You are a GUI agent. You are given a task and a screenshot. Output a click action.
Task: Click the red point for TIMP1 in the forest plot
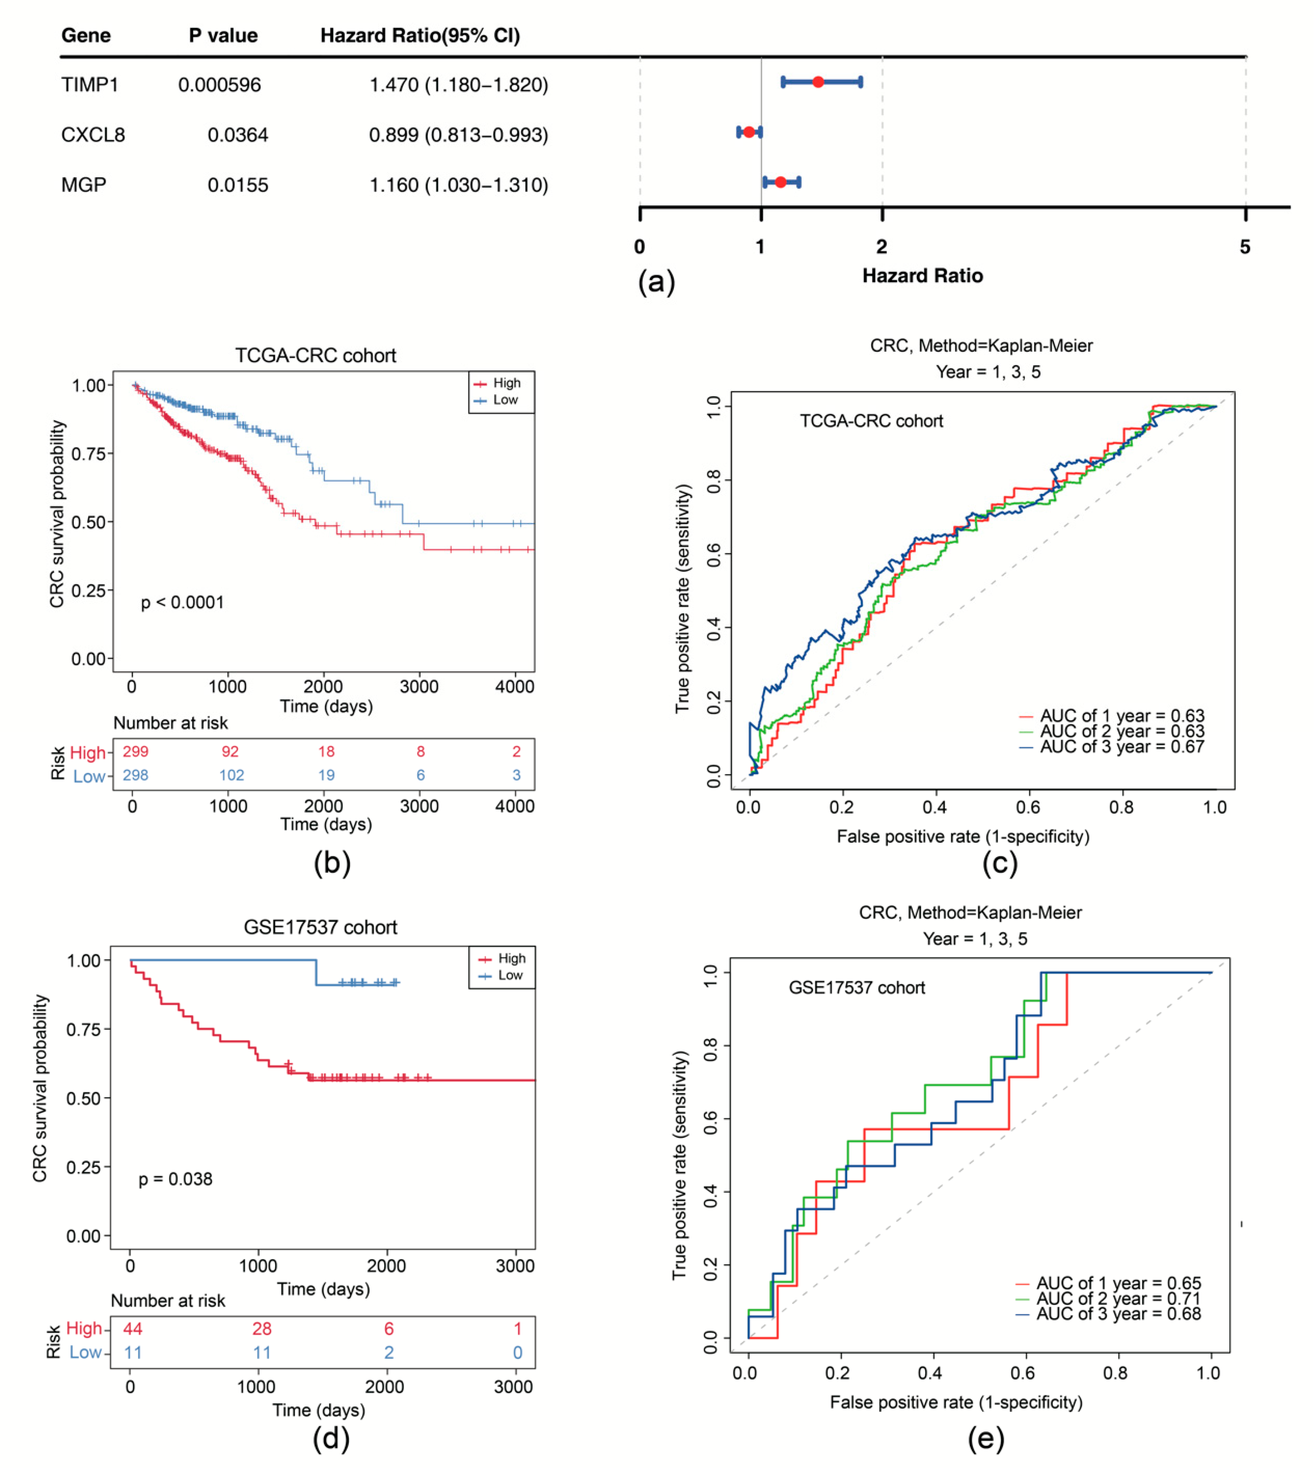(x=818, y=82)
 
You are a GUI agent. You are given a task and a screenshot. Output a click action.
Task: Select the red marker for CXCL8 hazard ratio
(x=749, y=132)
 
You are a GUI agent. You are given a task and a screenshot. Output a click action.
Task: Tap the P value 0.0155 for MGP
(x=238, y=185)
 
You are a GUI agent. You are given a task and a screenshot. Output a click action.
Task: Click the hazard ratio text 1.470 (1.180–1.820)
(x=458, y=85)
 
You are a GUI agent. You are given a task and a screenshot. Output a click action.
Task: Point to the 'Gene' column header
(x=86, y=35)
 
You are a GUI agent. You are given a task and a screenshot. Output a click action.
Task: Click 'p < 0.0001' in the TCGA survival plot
(x=182, y=602)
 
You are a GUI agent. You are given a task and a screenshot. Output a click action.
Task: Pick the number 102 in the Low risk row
(x=232, y=775)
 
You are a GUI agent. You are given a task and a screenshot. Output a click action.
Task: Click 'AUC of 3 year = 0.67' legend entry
(x=1122, y=747)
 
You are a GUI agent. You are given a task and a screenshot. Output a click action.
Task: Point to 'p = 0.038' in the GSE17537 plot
(x=176, y=1179)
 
